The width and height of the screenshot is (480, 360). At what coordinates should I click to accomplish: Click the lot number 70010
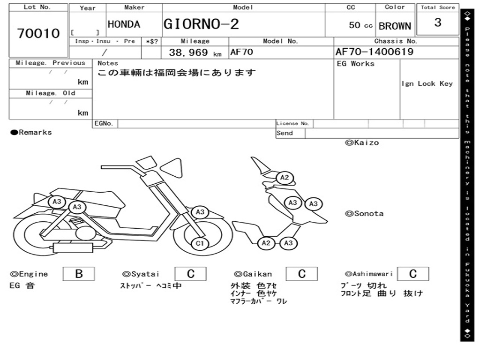click(38, 33)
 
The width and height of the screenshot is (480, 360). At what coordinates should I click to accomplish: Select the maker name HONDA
click(124, 24)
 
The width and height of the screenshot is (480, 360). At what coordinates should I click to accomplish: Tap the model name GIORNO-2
click(201, 24)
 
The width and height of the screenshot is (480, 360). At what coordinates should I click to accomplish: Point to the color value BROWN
click(395, 26)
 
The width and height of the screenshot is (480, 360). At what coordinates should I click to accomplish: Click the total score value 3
click(437, 22)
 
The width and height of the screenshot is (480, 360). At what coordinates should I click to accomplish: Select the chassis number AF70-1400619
click(375, 52)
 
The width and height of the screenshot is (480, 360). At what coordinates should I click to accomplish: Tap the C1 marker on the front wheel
click(200, 243)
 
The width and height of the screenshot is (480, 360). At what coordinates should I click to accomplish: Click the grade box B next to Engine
click(79, 274)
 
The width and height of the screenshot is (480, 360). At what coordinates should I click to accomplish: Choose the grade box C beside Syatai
click(191, 274)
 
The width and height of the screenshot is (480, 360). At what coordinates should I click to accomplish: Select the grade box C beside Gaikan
click(302, 274)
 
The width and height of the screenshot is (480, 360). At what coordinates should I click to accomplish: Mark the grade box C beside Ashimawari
click(412, 274)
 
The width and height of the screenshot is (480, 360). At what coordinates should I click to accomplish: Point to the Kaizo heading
click(362, 142)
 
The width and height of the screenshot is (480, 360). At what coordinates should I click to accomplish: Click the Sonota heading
click(364, 214)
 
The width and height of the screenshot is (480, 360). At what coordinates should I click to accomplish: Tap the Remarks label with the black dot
click(31, 132)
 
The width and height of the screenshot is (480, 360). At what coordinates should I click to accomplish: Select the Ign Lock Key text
click(427, 83)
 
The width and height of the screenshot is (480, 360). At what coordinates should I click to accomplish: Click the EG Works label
click(356, 64)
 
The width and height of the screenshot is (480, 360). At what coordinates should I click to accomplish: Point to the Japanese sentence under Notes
click(177, 73)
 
